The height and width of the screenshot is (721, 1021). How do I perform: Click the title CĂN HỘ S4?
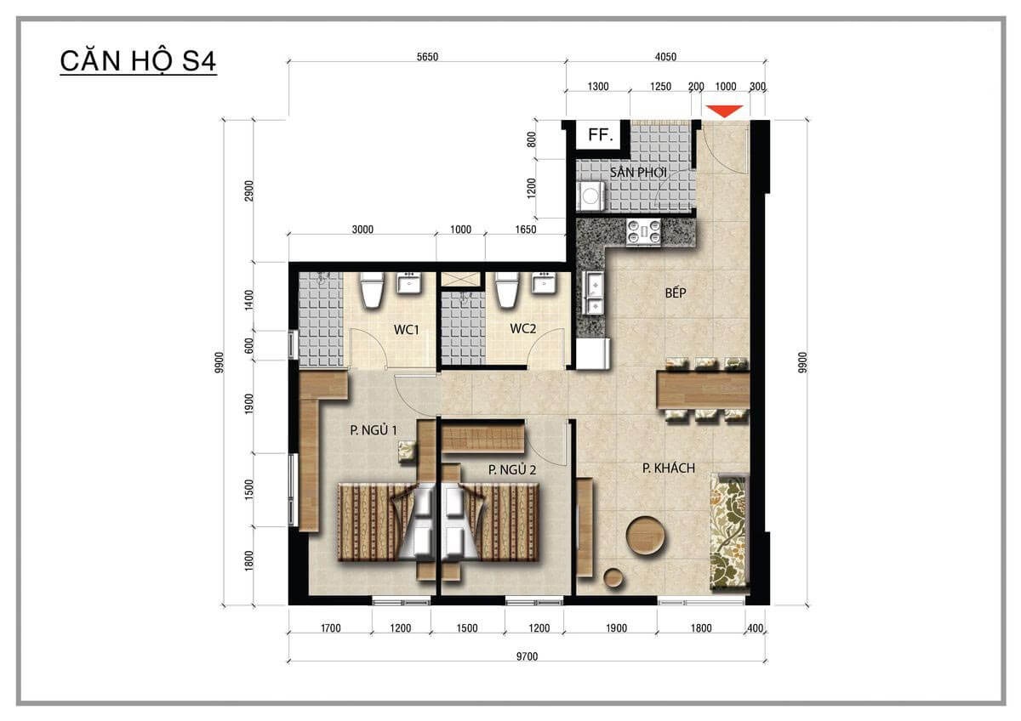click(138, 63)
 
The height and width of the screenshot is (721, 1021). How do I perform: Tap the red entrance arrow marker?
click(725, 111)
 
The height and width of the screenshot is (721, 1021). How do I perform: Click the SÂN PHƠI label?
click(637, 173)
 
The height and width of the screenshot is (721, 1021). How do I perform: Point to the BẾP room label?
click(676, 293)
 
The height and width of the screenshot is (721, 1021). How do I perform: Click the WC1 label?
click(405, 329)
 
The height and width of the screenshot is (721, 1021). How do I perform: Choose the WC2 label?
click(522, 329)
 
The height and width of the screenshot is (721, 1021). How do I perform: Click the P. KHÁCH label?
click(668, 468)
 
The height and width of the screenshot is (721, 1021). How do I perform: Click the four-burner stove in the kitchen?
click(644, 232)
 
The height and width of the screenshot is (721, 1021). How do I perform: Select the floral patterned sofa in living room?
click(729, 531)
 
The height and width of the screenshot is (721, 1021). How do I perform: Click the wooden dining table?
click(703, 390)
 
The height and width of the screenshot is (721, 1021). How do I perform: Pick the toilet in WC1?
click(372, 291)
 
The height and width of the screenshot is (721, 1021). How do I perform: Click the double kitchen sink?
click(593, 294)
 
